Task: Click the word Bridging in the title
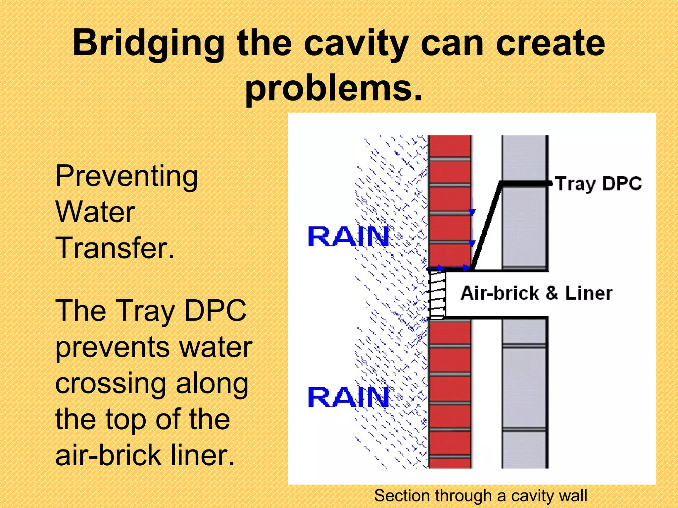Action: (x=148, y=44)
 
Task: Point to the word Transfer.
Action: (x=115, y=248)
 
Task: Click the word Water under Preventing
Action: (x=95, y=212)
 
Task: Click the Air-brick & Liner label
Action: (x=536, y=293)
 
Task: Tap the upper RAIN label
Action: (x=348, y=236)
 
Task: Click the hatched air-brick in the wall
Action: (x=437, y=294)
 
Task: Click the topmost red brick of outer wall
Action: (x=450, y=146)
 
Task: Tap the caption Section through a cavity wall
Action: (x=480, y=496)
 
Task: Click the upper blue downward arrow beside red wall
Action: (x=472, y=208)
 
